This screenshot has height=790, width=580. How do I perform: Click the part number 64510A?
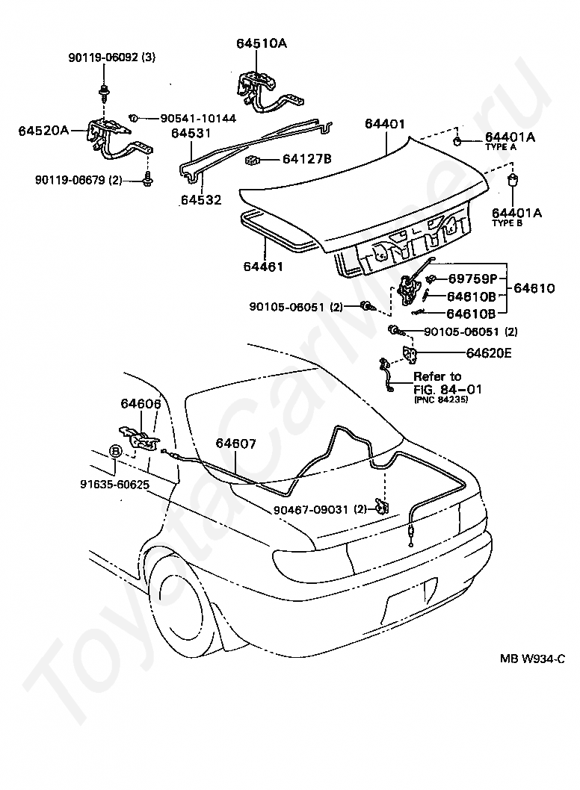pyautogui.click(x=262, y=43)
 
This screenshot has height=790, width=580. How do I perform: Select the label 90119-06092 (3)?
pyautogui.click(x=112, y=57)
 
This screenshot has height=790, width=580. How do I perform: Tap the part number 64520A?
pyautogui.click(x=44, y=131)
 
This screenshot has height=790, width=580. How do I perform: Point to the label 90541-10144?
pyautogui.click(x=198, y=119)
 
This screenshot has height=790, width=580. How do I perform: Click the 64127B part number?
pyautogui.click(x=306, y=159)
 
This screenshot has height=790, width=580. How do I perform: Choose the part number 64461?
pyautogui.click(x=263, y=266)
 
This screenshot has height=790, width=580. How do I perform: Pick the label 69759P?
pyautogui.click(x=472, y=279)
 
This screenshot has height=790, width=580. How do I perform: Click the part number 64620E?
pyautogui.click(x=488, y=352)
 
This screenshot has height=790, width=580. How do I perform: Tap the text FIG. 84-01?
pyautogui.click(x=448, y=389)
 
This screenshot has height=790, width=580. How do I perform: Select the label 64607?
pyautogui.click(x=235, y=444)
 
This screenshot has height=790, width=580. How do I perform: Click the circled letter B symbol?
pyautogui.click(x=116, y=451)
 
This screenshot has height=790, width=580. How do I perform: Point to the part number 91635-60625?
pyautogui.click(x=114, y=484)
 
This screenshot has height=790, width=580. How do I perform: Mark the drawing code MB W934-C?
pyautogui.click(x=532, y=659)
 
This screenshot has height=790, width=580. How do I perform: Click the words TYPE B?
pyautogui.click(x=507, y=223)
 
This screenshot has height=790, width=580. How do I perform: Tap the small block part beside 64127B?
pyautogui.click(x=252, y=161)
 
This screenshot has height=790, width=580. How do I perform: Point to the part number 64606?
pyautogui.click(x=141, y=404)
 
